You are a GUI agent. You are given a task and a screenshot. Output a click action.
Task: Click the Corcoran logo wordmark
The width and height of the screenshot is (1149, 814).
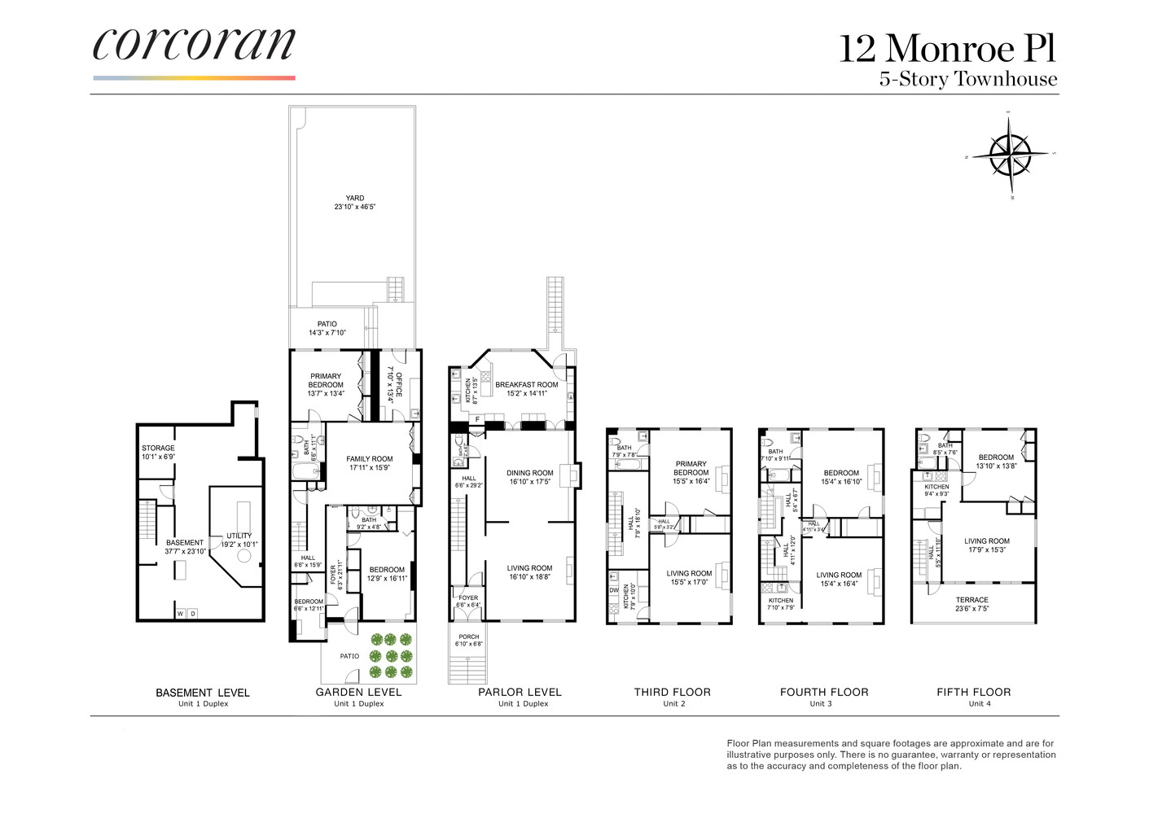point(194,44)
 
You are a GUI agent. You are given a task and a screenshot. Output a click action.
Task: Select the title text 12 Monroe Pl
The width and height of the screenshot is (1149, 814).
point(947,49)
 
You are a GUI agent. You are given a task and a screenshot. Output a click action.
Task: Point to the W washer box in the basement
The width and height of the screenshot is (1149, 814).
point(181,613)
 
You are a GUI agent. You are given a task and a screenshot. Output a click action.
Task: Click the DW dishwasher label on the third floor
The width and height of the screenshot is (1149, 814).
point(613,590)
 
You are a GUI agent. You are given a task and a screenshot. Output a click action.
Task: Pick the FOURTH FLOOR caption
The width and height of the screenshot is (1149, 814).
point(824,692)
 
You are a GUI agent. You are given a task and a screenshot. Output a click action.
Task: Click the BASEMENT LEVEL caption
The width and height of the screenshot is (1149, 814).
point(203,693)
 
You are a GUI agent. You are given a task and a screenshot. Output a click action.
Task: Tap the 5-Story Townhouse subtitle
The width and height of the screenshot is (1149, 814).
point(967,79)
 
